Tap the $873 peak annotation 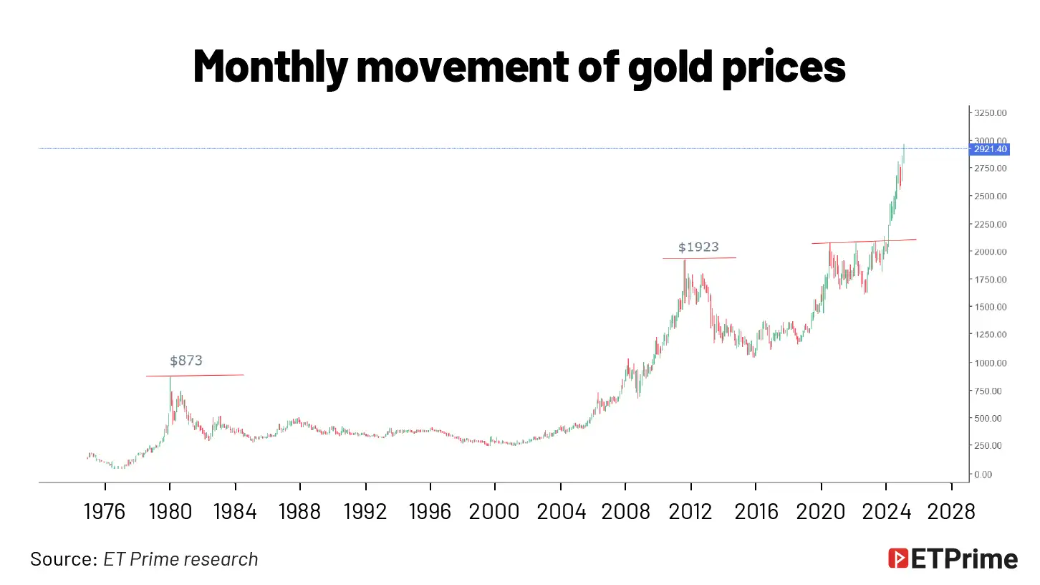click(x=186, y=361)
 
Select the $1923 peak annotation click(x=698, y=247)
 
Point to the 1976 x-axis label click(x=105, y=512)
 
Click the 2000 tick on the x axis click(x=495, y=512)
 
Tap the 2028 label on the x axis click(x=950, y=512)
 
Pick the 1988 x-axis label click(x=299, y=512)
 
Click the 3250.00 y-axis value click(x=991, y=113)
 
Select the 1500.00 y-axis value click(x=991, y=307)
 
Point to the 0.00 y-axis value click(x=983, y=474)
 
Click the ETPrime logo click(x=953, y=559)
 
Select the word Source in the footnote click(x=63, y=559)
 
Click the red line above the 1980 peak click(x=195, y=375)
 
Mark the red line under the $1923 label click(x=699, y=258)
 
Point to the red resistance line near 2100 click(x=863, y=241)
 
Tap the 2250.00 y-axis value click(x=991, y=224)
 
